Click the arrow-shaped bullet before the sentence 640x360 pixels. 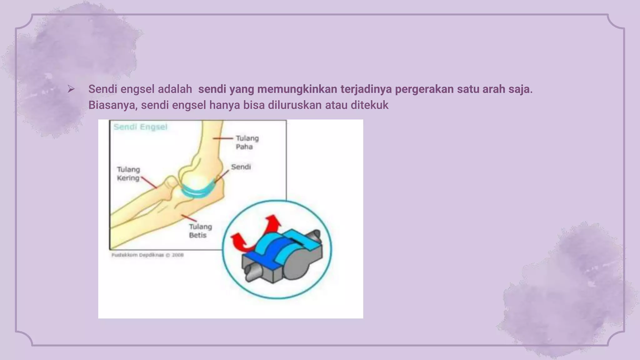71,89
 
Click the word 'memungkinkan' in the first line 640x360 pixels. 297,89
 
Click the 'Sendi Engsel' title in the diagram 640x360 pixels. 140,127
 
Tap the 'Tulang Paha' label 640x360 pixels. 247,142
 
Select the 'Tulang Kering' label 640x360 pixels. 128,174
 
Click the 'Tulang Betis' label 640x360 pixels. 200,231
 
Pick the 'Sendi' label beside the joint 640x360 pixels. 241,167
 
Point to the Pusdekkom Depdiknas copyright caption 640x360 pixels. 147,255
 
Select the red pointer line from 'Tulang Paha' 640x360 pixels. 223,138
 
